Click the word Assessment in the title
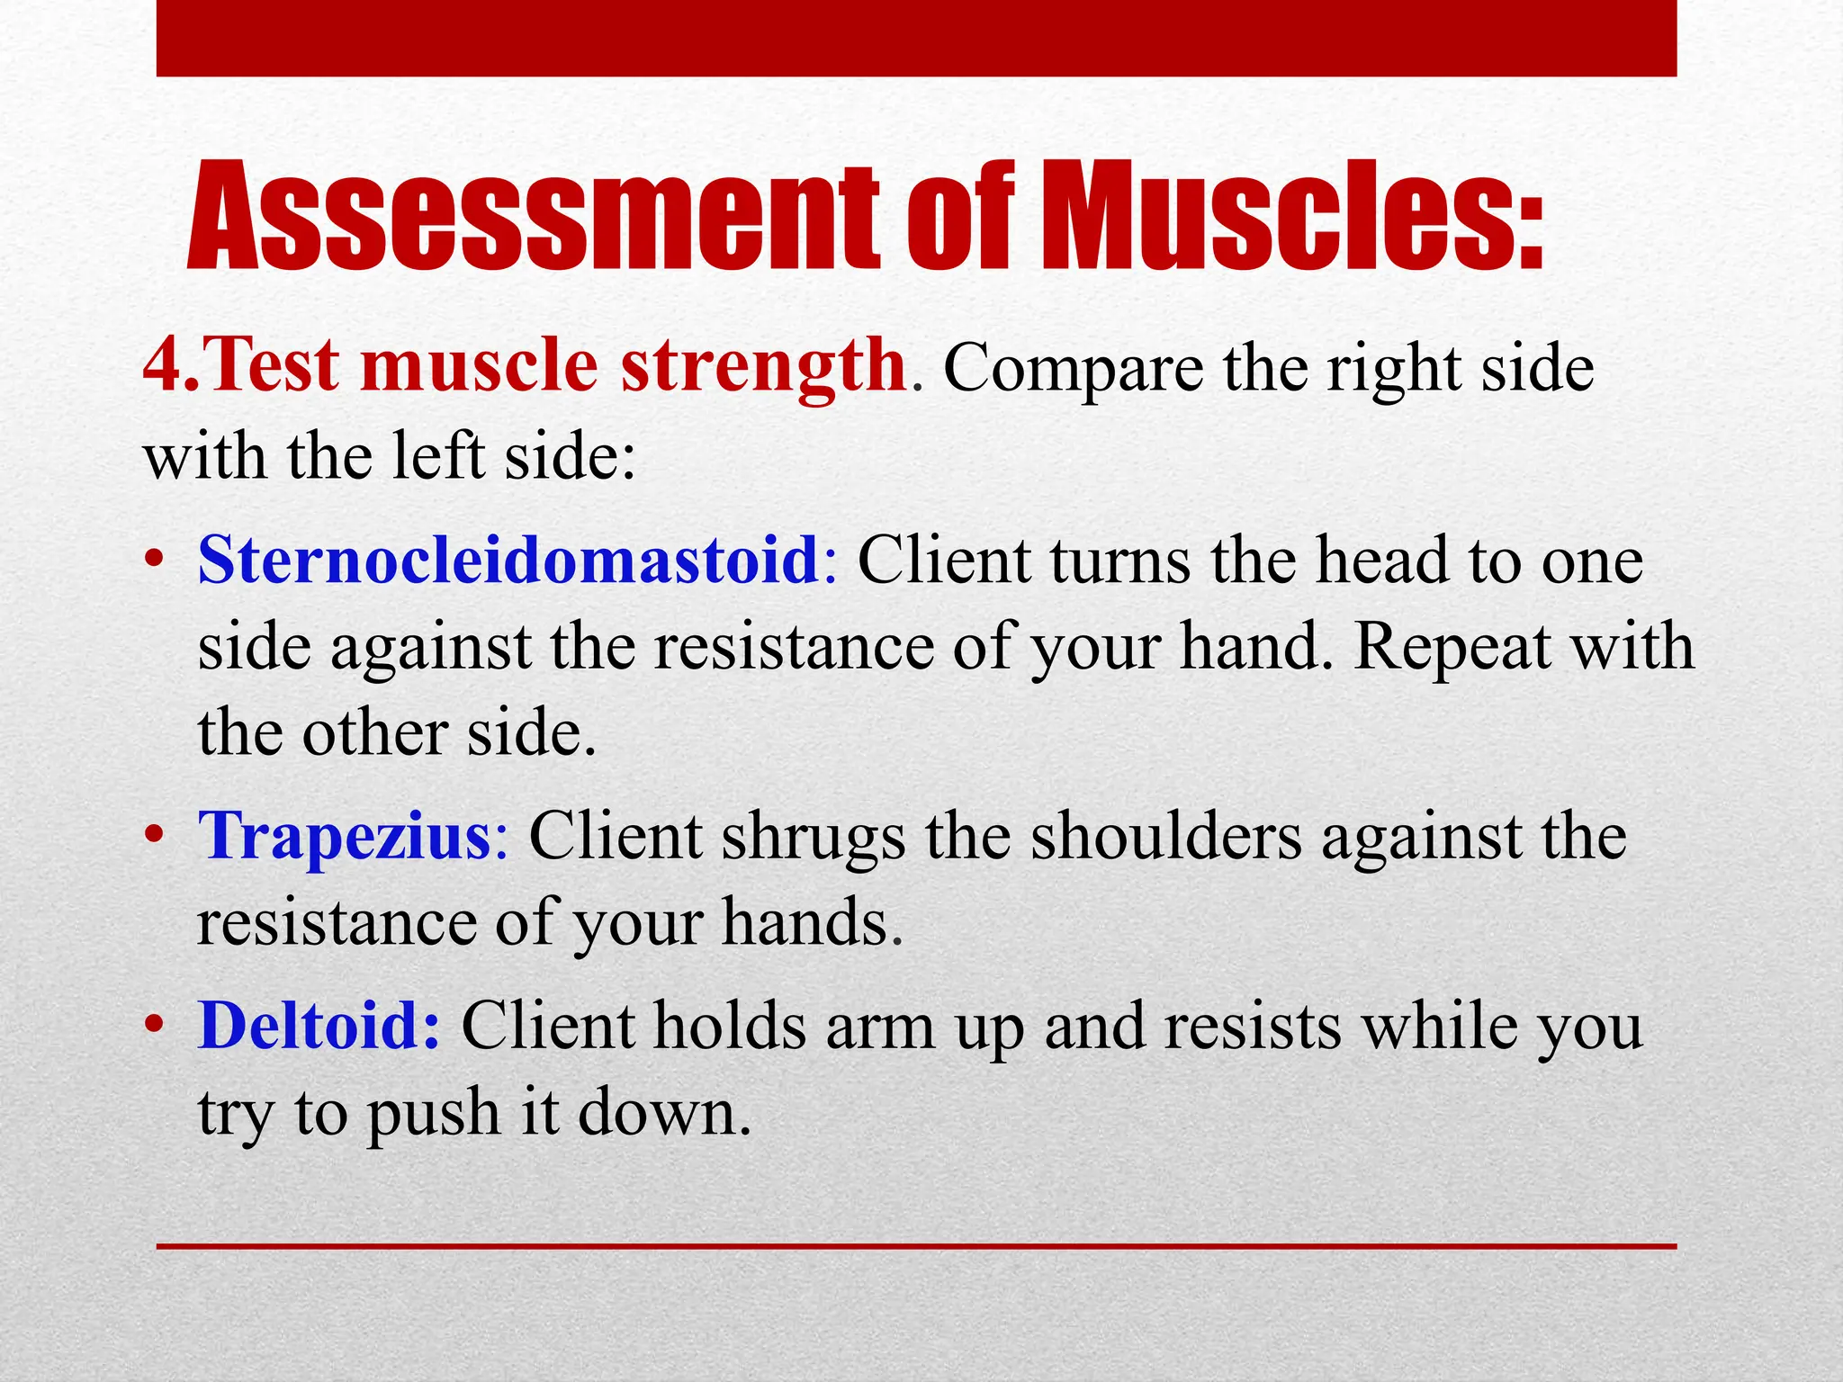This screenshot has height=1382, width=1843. (531, 219)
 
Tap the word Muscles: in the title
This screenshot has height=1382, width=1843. (1292, 219)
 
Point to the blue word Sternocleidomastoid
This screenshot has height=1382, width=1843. (508, 560)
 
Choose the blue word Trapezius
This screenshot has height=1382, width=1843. (346, 836)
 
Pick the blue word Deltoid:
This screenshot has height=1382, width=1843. (319, 1025)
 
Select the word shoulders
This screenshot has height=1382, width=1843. (1166, 836)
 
